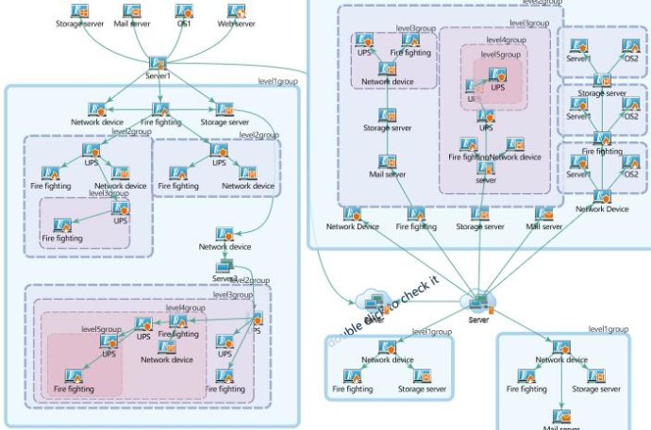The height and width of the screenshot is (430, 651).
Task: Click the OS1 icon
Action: point(185,11)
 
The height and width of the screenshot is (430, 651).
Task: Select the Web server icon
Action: point(238,11)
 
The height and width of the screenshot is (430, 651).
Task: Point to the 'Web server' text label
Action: point(238,24)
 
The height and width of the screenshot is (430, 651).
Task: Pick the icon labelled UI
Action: point(473,88)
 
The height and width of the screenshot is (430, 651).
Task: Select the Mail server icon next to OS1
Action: point(132,11)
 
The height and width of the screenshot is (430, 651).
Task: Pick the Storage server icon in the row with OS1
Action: point(80,11)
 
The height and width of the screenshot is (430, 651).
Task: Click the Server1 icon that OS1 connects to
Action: point(159,63)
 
